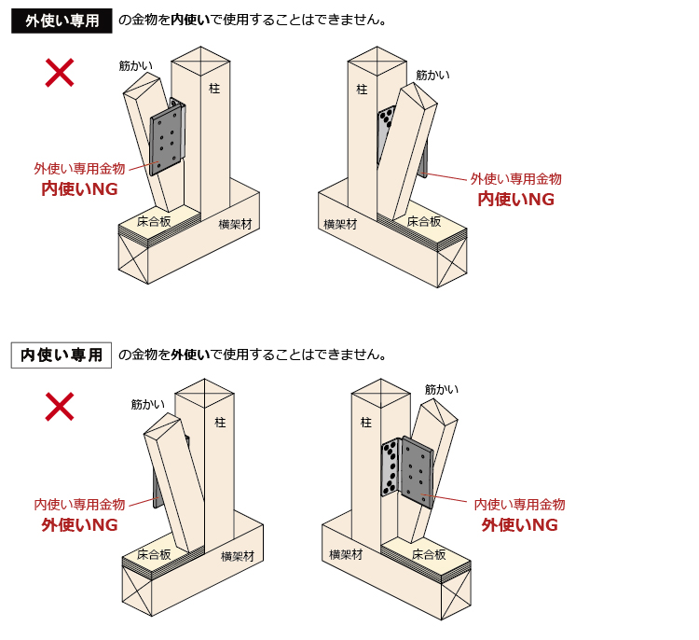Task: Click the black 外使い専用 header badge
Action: pyautogui.click(x=62, y=21)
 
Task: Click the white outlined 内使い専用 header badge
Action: pyautogui.click(x=62, y=355)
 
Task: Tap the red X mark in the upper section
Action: pyautogui.click(x=60, y=73)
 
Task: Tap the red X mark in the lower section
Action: pyautogui.click(x=61, y=406)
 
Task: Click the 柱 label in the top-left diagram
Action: pyautogui.click(x=214, y=89)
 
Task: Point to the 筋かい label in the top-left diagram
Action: pyautogui.click(x=136, y=65)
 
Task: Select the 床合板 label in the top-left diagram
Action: pyautogui.click(x=154, y=222)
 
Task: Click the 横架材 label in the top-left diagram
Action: pyautogui.click(x=236, y=224)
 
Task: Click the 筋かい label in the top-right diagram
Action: pyautogui.click(x=432, y=75)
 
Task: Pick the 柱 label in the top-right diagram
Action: pyautogui.click(x=362, y=90)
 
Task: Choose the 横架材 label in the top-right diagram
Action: pyautogui.click(x=340, y=224)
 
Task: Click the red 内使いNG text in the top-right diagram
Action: pyautogui.click(x=515, y=199)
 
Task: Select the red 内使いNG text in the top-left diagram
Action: pyautogui.click(x=79, y=188)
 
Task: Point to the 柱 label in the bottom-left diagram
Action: pyautogui.click(x=220, y=423)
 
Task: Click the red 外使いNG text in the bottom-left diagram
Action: pyautogui.click(x=79, y=525)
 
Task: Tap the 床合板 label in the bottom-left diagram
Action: pyautogui.click(x=154, y=554)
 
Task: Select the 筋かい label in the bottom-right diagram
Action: pyautogui.click(x=442, y=389)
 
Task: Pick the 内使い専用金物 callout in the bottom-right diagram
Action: pyautogui.click(x=519, y=505)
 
